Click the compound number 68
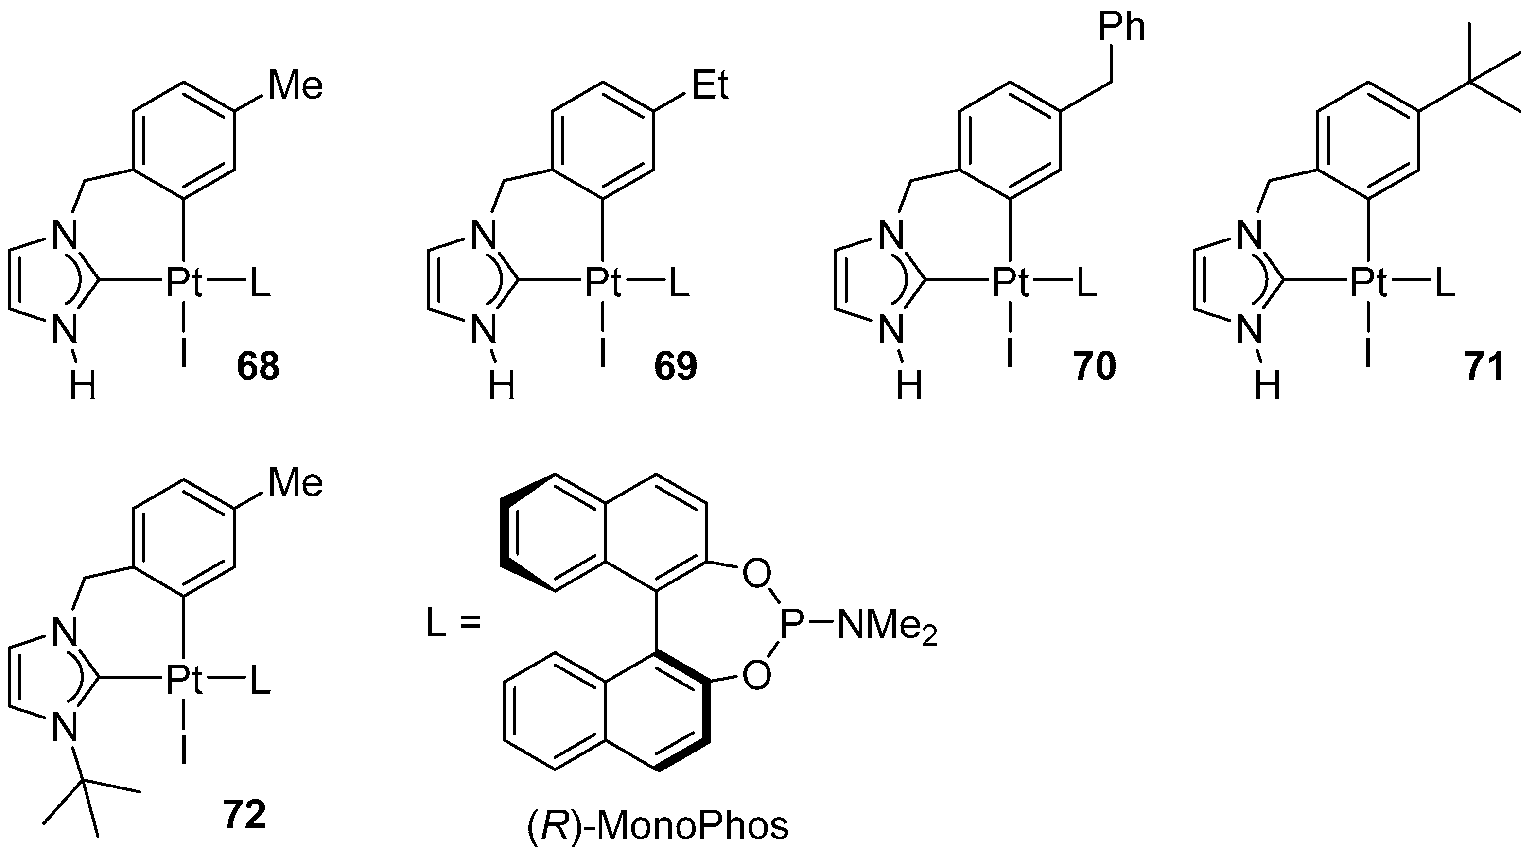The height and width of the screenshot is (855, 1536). pos(258,367)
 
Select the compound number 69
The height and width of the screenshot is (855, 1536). pos(675,367)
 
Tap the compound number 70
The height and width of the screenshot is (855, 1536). pos(1095,367)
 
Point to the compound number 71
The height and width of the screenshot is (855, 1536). pos(1484,367)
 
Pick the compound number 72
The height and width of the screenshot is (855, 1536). pos(244,815)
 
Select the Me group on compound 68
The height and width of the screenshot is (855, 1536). pos(296,85)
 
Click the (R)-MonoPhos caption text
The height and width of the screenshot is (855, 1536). pos(658,827)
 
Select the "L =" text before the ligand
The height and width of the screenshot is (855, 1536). pos(453,626)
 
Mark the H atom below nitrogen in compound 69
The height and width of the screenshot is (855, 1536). pos(502,387)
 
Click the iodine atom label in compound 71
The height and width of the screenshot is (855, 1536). pos(1368,352)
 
